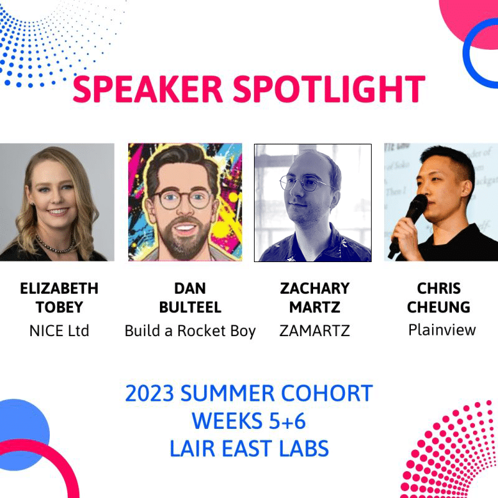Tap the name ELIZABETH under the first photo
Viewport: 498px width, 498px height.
pos(59,289)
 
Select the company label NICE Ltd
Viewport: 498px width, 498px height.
pos(59,331)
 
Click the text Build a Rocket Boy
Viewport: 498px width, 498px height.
pos(190,331)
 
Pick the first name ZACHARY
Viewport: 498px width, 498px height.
pos(314,289)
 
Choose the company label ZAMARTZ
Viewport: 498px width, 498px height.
pos(314,331)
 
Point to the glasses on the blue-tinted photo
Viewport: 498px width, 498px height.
pos(305,185)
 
